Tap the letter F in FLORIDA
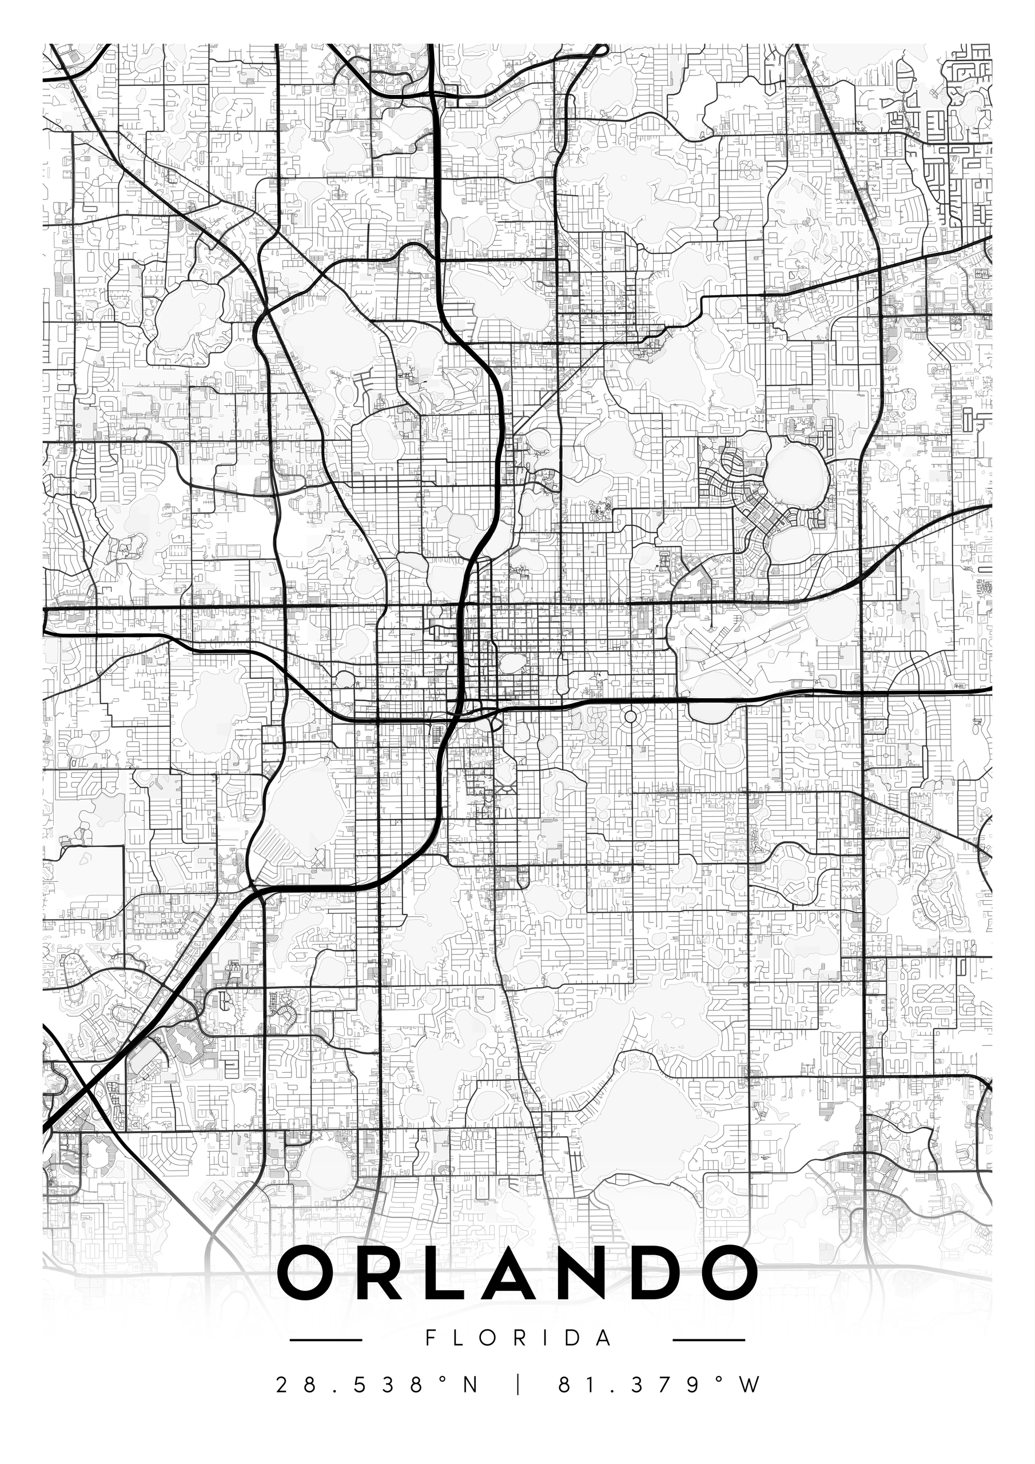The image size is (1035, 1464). [x=431, y=1338]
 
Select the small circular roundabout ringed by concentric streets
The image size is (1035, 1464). [x=630, y=717]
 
